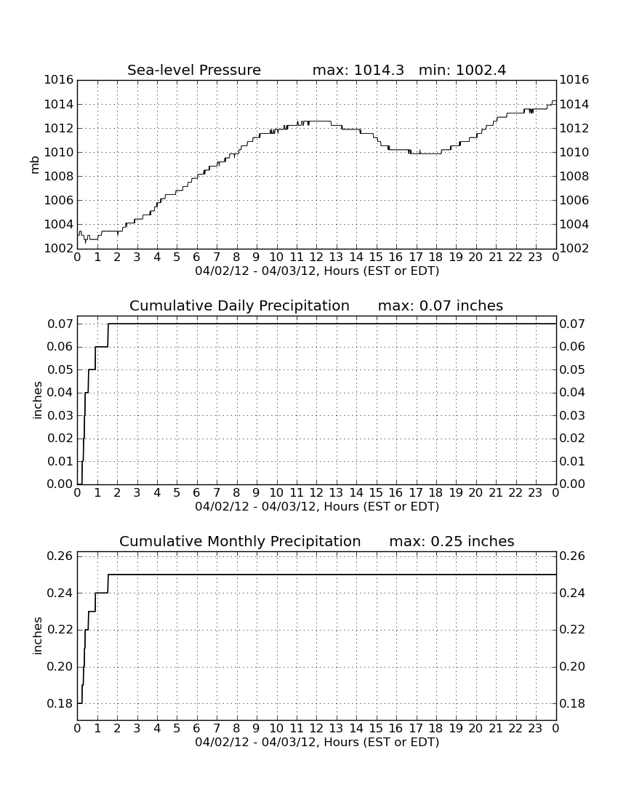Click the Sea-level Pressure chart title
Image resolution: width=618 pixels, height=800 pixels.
(194, 70)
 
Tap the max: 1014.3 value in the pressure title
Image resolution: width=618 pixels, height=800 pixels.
(358, 70)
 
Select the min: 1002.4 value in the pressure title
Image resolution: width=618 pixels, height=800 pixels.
(462, 70)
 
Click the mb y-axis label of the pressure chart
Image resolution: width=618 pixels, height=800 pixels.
(35, 165)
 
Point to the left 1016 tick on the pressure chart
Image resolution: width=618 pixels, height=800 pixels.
(59, 80)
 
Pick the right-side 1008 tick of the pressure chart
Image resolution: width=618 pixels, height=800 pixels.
(574, 177)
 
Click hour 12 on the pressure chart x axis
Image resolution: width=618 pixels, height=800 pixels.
(316, 257)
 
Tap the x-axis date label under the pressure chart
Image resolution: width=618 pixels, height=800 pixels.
(317, 271)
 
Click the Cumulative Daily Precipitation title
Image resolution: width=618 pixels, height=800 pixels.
(239, 305)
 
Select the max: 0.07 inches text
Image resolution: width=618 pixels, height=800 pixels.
(440, 305)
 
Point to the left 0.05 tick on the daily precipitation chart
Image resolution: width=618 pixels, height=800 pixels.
(60, 369)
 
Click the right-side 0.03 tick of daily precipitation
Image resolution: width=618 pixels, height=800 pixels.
(572, 415)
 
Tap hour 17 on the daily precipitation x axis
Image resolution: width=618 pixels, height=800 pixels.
(416, 493)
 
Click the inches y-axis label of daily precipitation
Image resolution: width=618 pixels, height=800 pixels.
(36, 401)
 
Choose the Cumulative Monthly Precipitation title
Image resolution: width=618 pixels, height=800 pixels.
(240, 541)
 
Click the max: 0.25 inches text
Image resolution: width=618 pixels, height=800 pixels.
(452, 541)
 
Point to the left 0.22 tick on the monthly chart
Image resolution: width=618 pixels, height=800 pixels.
(60, 630)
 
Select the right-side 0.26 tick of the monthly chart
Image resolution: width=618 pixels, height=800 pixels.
(572, 556)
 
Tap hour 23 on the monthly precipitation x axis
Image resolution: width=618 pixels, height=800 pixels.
(535, 729)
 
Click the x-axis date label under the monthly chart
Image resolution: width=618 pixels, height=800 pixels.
(317, 743)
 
